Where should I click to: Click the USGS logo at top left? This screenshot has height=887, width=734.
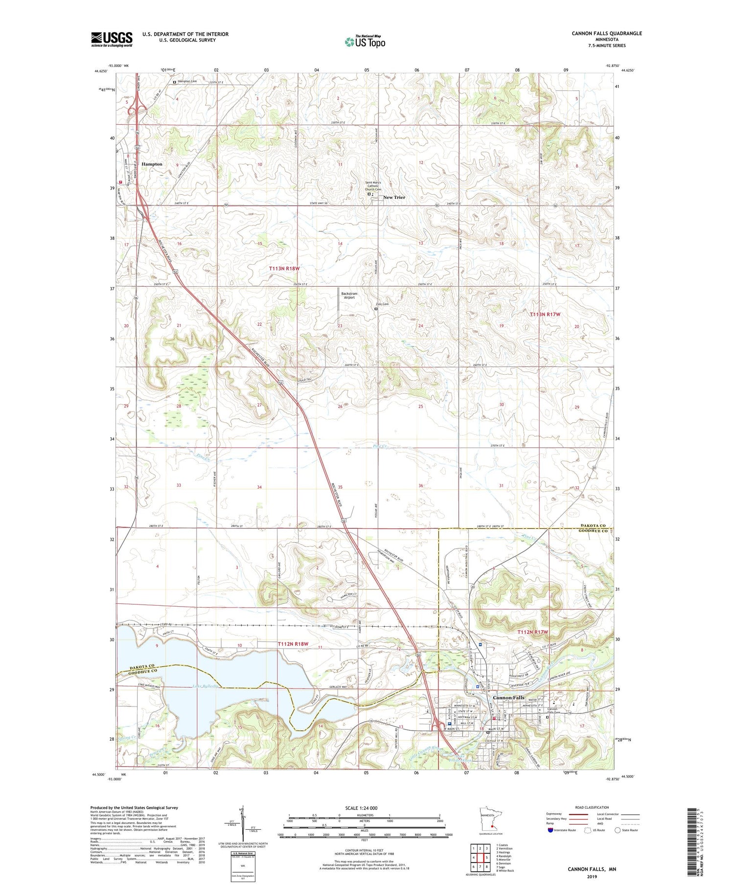(112, 39)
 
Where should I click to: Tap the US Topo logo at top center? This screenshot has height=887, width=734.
(365, 42)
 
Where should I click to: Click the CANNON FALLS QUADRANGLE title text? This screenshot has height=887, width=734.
(606, 33)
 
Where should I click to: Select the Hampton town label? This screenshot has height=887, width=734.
(152, 164)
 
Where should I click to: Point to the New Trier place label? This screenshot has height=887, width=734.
(394, 197)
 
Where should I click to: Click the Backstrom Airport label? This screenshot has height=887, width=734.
(349, 296)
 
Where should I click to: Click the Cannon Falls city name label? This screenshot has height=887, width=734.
(508, 698)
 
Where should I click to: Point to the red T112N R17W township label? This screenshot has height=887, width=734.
(533, 632)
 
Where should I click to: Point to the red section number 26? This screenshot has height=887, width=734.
(340, 407)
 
